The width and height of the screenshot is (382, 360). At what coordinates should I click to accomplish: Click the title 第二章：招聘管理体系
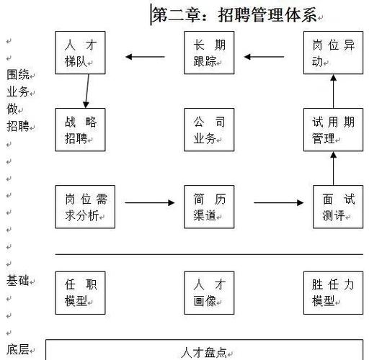[234, 14]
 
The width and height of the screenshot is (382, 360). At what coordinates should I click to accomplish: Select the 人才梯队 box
[81, 53]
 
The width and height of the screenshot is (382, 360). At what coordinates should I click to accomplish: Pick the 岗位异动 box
[333, 53]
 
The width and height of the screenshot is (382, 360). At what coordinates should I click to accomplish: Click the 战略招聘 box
[81, 130]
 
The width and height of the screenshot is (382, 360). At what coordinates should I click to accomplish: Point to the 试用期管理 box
[333, 130]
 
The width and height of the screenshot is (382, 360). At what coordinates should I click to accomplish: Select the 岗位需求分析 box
[85, 207]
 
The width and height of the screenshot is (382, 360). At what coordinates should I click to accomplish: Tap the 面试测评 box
[338, 207]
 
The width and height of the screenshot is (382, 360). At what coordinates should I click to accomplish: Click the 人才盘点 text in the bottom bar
[205, 352]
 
